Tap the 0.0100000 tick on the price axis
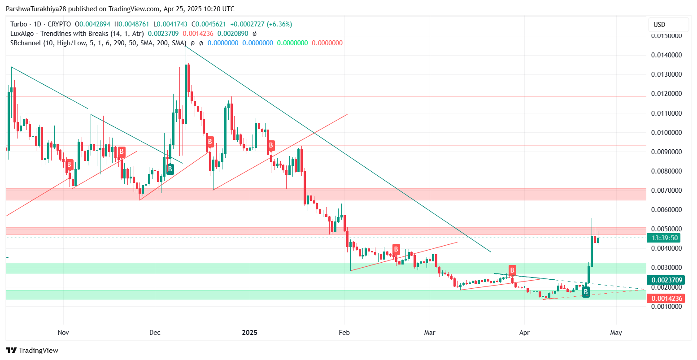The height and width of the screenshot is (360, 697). (x=666, y=133)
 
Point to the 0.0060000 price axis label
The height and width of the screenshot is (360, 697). (x=666, y=210)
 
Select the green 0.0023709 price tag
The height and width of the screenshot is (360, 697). (x=667, y=280)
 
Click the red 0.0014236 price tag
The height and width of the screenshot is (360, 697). (x=667, y=299)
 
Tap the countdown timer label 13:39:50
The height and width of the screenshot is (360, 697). (x=666, y=238)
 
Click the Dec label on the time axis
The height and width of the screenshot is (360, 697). (x=155, y=333)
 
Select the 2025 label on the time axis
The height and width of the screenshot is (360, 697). (x=249, y=333)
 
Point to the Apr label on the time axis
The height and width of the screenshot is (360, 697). (x=524, y=333)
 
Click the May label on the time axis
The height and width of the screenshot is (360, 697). (x=616, y=333)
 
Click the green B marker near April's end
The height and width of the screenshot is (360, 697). (x=586, y=292)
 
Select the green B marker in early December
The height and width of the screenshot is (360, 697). (x=170, y=169)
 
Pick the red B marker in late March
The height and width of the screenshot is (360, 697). (x=512, y=270)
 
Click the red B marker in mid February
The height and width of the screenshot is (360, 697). (x=396, y=249)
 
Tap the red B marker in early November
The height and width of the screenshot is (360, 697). (x=69, y=165)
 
